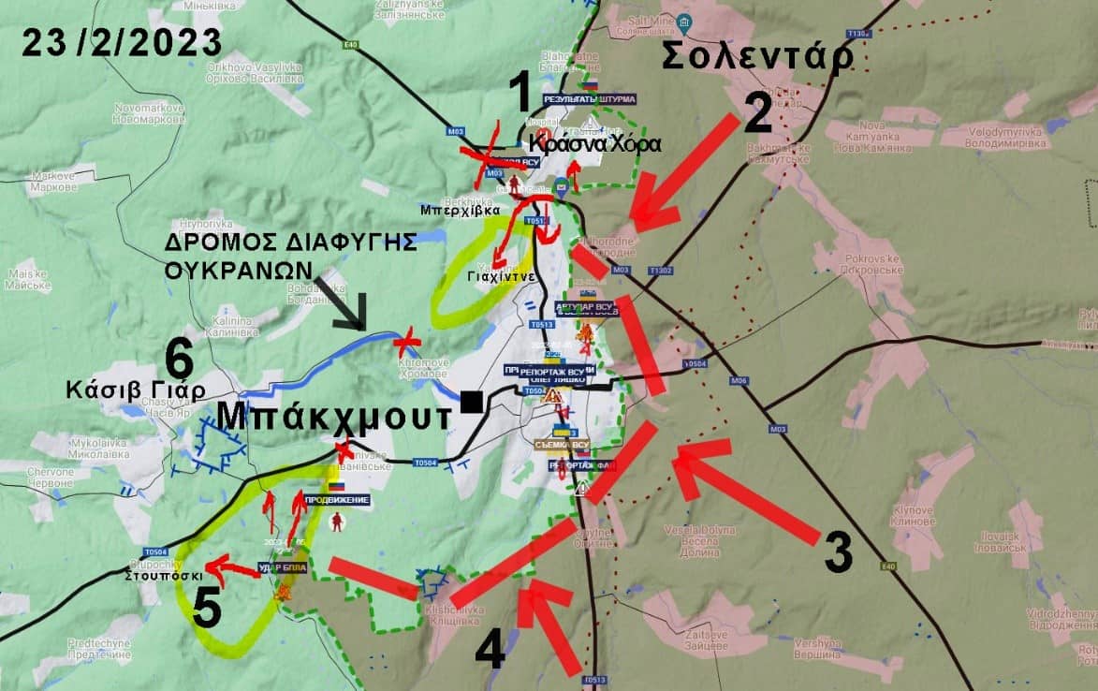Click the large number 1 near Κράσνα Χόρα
(520, 96)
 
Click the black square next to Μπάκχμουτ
(472, 403)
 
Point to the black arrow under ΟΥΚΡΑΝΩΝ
(343, 302)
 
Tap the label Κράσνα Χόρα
(594, 145)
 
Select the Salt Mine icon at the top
(684, 22)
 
